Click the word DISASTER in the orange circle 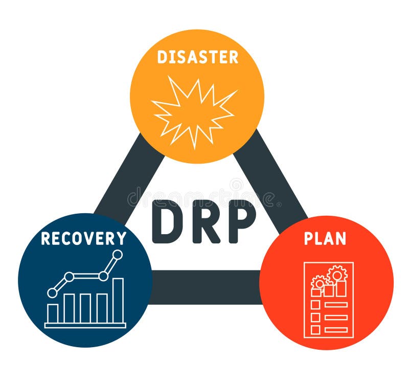tap(197, 57)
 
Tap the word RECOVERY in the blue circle tap(84, 238)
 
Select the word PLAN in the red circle tap(325, 239)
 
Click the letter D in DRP tap(168, 222)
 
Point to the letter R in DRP tap(206, 222)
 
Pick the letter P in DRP tap(241, 222)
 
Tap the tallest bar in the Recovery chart tap(118, 300)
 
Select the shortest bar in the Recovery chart tap(53, 313)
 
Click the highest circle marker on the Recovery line tap(118, 254)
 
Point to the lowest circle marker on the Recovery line tap(52, 292)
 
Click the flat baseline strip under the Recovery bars tap(85, 325)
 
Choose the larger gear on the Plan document tap(337, 274)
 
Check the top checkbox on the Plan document tap(315, 305)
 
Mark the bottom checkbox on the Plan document tap(315, 330)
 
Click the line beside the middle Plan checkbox tap(336, 318)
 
